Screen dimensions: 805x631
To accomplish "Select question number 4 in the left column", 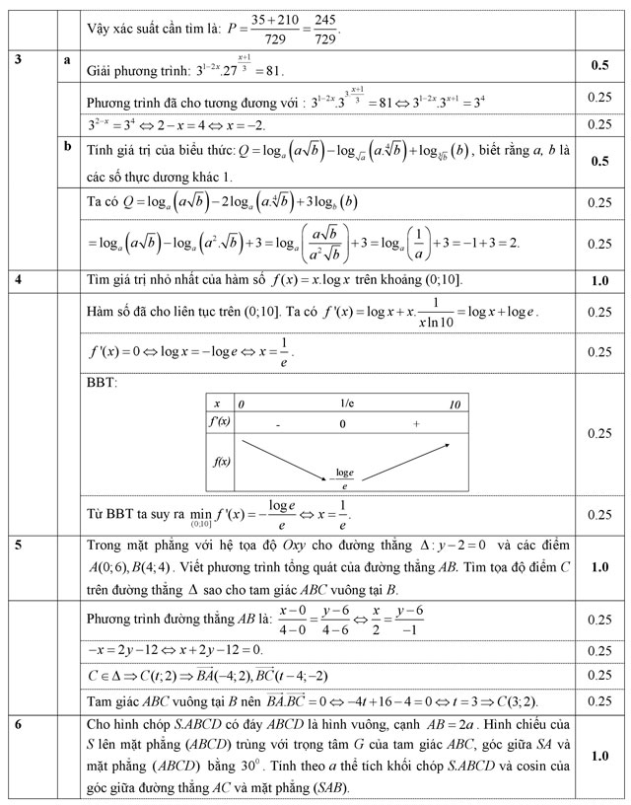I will click(19, 279).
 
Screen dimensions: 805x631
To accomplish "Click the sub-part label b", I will click(67, 146).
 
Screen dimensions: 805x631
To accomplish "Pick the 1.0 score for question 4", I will click(598, 280).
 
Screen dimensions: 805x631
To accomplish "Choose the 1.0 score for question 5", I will click(598, 568).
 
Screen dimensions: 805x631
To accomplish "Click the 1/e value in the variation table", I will click(345, 403).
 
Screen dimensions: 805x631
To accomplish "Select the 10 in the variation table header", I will click(453, 404).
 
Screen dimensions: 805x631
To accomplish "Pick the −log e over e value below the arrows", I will click(344, 478).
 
